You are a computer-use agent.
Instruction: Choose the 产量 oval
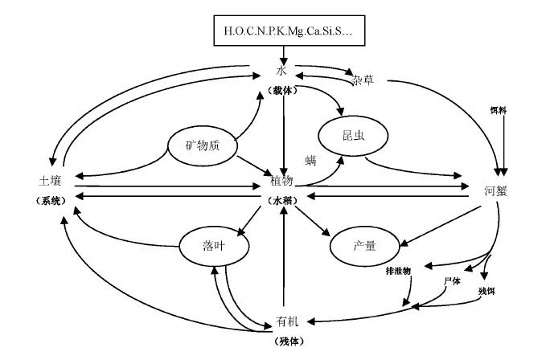click(365, 245)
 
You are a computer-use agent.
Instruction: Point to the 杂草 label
click(363, 81)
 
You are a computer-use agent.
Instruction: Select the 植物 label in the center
click(281, 182)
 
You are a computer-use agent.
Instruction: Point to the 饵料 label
click(499, 108)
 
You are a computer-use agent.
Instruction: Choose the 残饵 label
click(486, 289)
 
